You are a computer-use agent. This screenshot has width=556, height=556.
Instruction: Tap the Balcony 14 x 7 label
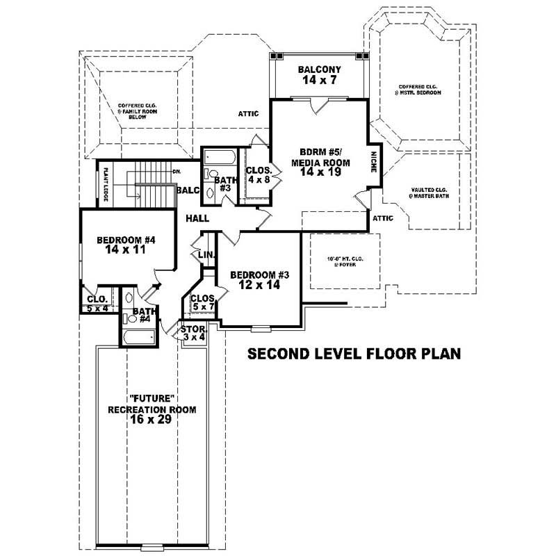(x=319, y=75)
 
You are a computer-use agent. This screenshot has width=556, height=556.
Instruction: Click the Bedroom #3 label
(x=259, y=279)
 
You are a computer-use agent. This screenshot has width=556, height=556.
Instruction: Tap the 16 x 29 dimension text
(x=152, y=421)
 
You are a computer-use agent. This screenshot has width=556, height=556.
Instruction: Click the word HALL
(x=197, y=218)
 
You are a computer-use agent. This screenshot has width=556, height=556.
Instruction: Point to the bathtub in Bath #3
(x=218, y=156)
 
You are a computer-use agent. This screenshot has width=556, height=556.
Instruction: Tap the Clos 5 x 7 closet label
(x=202, y=302)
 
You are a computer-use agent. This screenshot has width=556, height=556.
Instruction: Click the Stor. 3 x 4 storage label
(x=193, y=333)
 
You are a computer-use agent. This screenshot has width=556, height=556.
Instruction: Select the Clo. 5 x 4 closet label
(x=97, y=304)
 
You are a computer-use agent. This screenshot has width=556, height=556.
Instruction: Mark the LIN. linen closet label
(x=206, y=254)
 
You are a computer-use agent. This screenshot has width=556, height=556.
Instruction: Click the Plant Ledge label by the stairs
(x=106, y=184)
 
